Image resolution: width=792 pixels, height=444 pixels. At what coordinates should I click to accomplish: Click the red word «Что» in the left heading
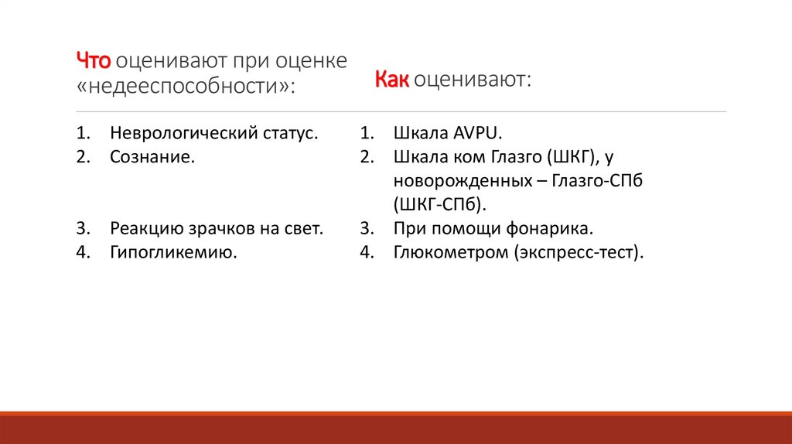[x=94, y=60]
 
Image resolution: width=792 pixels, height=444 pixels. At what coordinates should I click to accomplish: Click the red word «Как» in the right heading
[x=392, y=80]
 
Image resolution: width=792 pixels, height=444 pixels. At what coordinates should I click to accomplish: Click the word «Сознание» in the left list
[x=150, y=157]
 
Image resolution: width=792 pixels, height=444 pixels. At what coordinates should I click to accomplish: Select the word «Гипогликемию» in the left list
[x=172, y=252]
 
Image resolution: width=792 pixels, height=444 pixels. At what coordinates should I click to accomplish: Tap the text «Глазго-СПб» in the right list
[x=599, y=181]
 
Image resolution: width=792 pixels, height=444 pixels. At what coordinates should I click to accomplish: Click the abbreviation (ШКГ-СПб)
[x=441, y=205]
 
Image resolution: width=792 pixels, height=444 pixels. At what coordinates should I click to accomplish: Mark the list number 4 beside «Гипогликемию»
[x=80, y=252]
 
